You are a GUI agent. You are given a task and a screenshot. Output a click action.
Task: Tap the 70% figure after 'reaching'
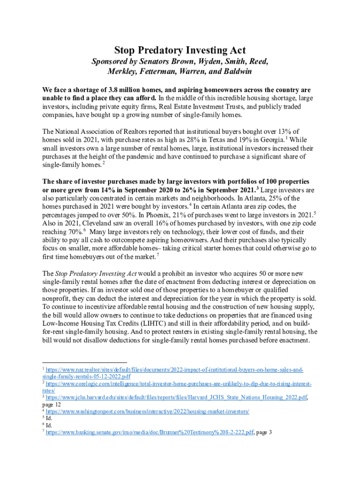[76, 232]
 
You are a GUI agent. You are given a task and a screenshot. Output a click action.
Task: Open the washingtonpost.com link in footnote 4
[147, 411]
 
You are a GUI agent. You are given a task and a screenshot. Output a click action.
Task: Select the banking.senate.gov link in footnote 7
[150, 432]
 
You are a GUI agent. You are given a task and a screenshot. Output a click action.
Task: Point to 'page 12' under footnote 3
[51, 405]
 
